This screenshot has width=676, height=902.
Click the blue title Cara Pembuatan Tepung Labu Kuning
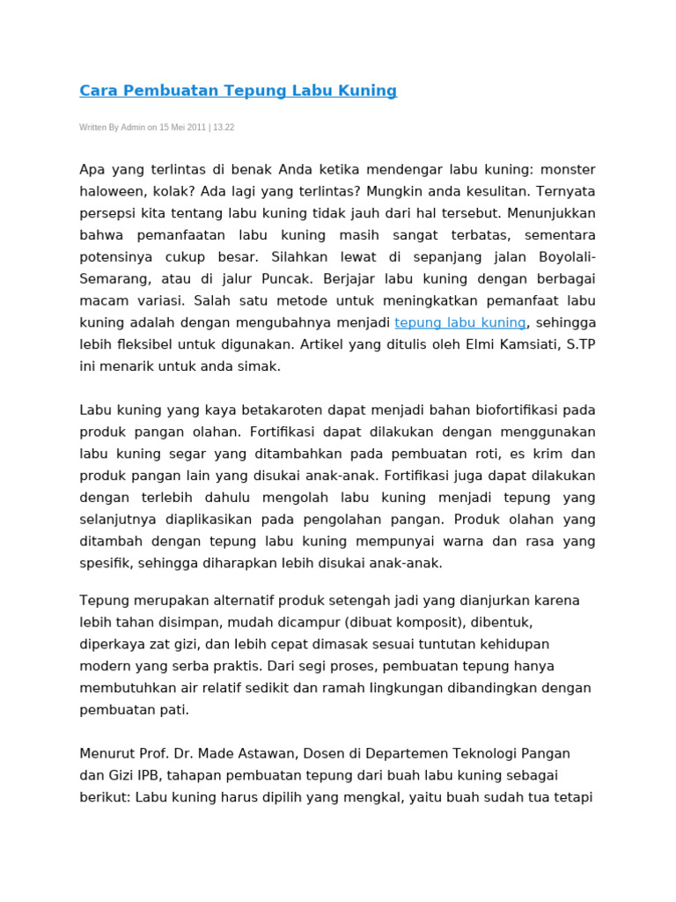pyautogui.click(x=238, y=91)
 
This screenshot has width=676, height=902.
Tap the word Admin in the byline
pyautogui.click(x=133, y=128)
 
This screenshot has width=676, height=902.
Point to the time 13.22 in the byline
pyautogui.click(x=223, y=128)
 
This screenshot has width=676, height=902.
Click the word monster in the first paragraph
pyautogui.click(x=568, y=169)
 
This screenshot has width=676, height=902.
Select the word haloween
pyautogui.click(x=109, y=191)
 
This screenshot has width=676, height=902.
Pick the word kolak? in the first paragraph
pyautogui.click(x=171, y=191)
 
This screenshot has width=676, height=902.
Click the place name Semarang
pyautogui.click(x=113, y=279)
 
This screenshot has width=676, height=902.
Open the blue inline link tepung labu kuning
pyautogui.click(x=460, y=323)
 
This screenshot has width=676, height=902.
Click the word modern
pyautogui.click(x=104, y=666)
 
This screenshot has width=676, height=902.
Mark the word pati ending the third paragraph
pyautogui.click(x=173, y=710)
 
